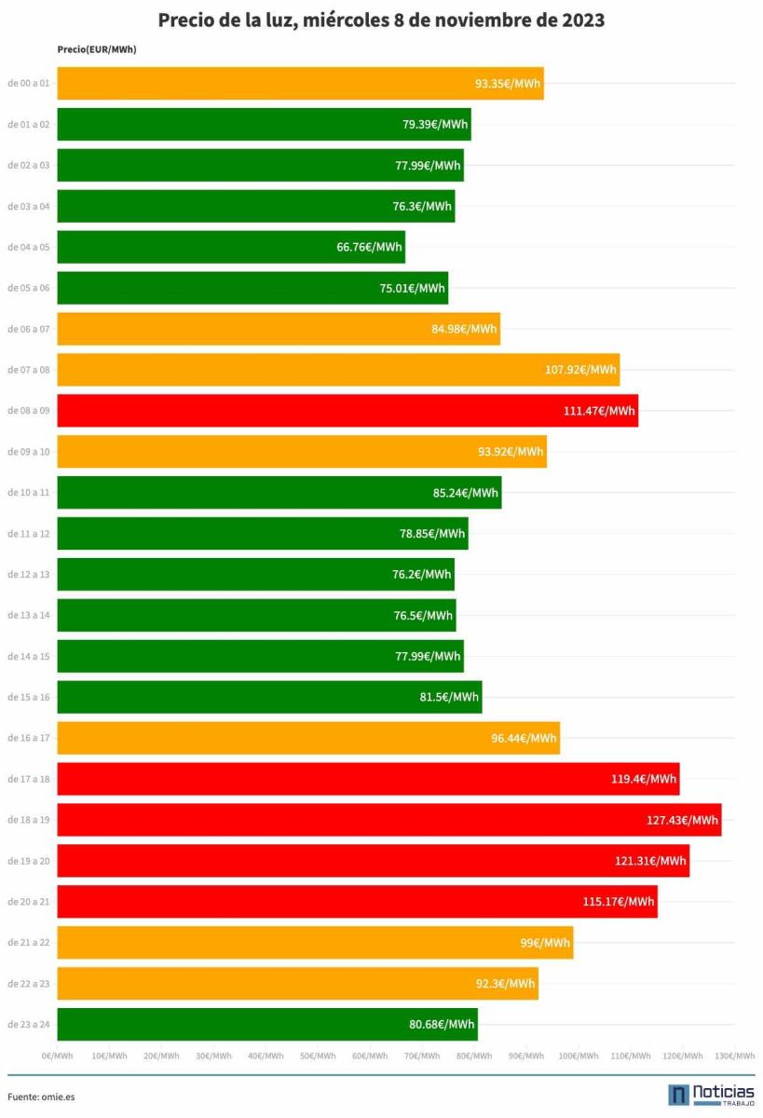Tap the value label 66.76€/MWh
click(370, 247)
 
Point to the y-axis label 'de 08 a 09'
click(28, 411)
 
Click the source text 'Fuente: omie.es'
click(41, 1097)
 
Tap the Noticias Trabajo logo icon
click(679, 1095)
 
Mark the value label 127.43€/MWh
click(681, 820)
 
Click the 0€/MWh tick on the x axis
click(58, 1056)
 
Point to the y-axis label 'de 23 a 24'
click(28, 1025)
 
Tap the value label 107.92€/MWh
click(580, 370)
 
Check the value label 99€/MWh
click(545, 943)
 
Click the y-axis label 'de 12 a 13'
click(28, 575)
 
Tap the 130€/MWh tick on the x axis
click(734, 1056)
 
